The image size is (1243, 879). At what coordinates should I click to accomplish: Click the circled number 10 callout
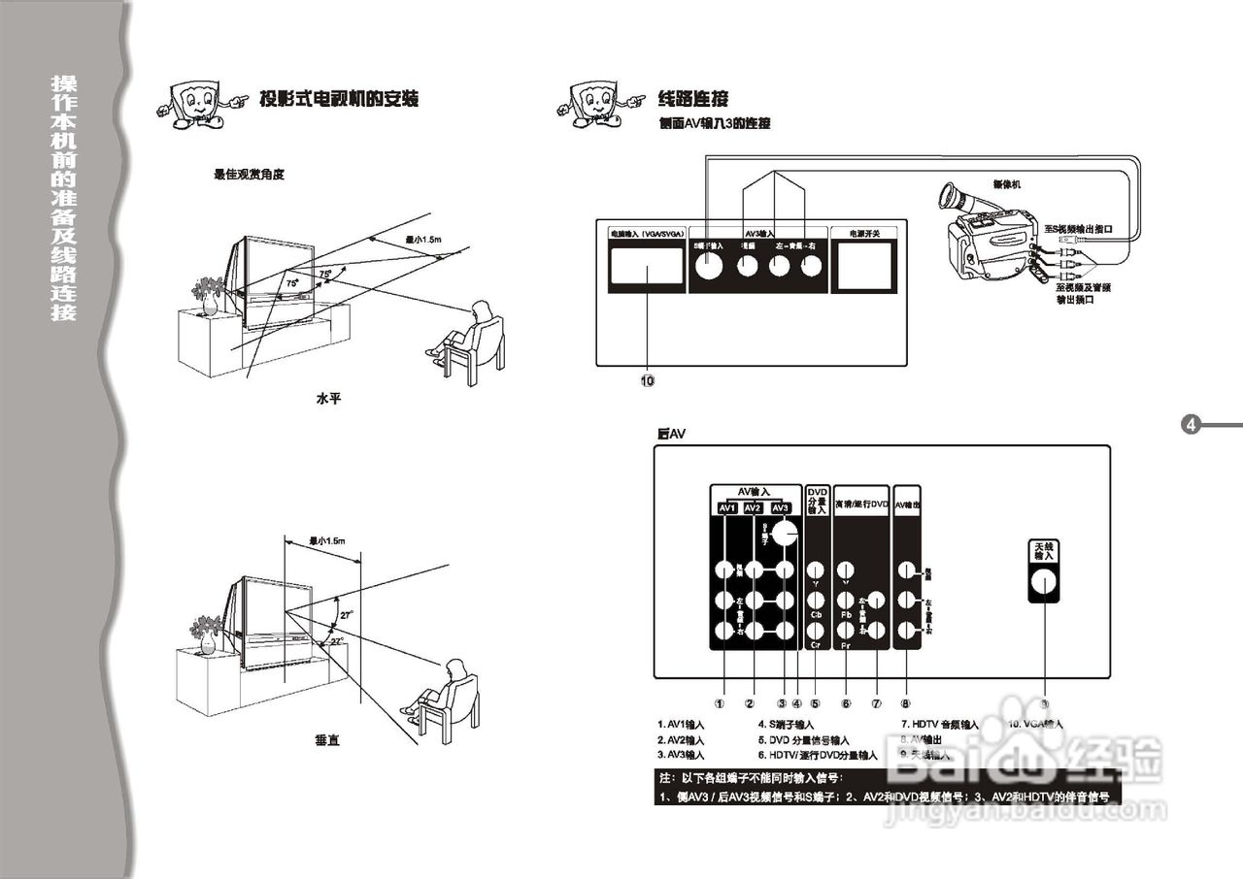click(x=647, y=381)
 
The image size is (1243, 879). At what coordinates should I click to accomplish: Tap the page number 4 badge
click(x=1192, y=424)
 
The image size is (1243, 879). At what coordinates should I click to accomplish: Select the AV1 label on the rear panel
click(x=726, y=508)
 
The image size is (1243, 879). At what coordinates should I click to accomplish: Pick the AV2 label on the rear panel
click(x=754, y=508)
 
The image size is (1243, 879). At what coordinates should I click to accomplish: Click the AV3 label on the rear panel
click(x=781, y=508)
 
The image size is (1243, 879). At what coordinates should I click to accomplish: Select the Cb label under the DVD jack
click(x=817, y=615)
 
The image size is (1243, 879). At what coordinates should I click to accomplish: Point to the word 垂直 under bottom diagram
click(x=327, y=740)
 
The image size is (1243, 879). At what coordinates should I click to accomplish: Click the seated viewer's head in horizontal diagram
click(x=480, y=310)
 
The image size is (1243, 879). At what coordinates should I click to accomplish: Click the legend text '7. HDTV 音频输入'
click(x=939, y=725)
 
